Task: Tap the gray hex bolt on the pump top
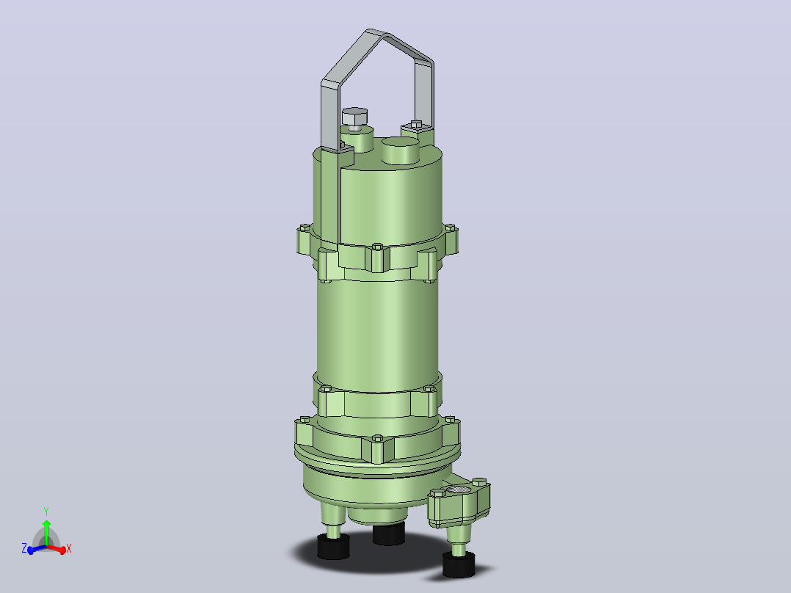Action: pyautogui.click(x=354, y=117)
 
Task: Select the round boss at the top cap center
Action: pyautogui.click(x=401, y=150)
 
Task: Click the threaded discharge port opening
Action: pyautogui.click(x=458, y=490)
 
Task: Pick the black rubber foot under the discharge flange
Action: pyautogui.click(x=459, y=564)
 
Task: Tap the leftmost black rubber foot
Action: pyautogui.click(x=333, y=547)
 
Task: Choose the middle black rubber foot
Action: pyautogui.click(x=388, y=534)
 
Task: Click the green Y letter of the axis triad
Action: pyautogui.click(x=46, y=512)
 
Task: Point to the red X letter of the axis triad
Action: pyautogui.click(x=69, y=548)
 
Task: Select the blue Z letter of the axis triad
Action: pyautogui.click(x=24, y=548)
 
